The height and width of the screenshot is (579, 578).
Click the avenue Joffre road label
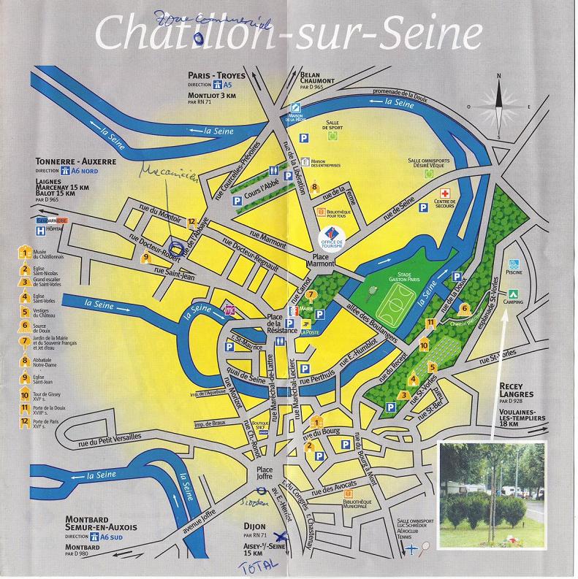click(x=198, y=519)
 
